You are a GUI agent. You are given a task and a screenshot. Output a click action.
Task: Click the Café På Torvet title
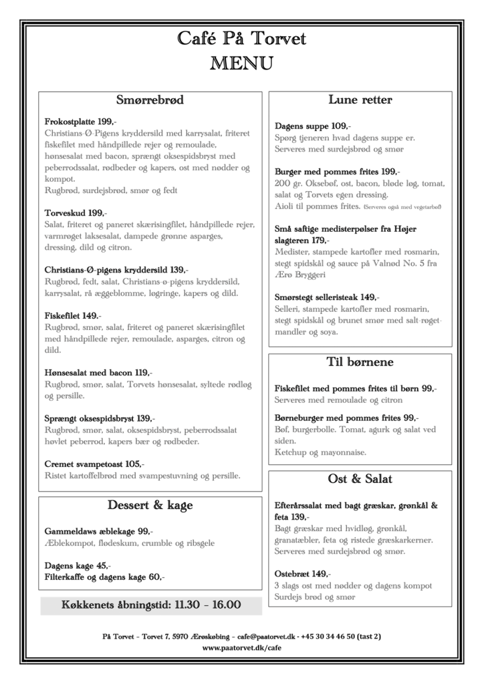coord(241,39)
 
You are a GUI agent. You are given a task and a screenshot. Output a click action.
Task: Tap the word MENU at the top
coord(241,63)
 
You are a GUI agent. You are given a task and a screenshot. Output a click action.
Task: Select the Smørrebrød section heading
coord(150,101)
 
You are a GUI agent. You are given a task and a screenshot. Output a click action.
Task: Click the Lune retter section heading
coord(360,100)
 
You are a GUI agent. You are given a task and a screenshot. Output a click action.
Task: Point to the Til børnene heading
coord(360,363)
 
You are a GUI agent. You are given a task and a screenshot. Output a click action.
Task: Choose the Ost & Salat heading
coord(360,479)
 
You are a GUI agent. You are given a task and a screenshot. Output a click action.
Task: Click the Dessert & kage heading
coord(150,505)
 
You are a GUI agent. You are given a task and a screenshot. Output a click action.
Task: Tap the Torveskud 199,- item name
coord(76,213)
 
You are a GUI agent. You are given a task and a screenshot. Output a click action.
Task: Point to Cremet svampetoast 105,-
coord(94,464)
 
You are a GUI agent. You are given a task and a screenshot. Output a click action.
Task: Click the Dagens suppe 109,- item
coord(313,126)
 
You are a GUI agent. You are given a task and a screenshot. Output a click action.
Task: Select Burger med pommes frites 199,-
coord(338,172)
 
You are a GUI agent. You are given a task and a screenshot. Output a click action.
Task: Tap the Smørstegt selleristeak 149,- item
coord(327,297)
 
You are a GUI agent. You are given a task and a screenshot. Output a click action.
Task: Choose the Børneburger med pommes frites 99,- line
coord(346,417)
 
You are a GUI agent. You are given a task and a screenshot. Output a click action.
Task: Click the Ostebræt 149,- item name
coord(302,574)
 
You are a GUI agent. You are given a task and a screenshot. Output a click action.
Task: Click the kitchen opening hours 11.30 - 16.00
coord(150,605)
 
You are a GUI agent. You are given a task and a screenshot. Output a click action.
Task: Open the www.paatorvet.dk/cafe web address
coord(241,648)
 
